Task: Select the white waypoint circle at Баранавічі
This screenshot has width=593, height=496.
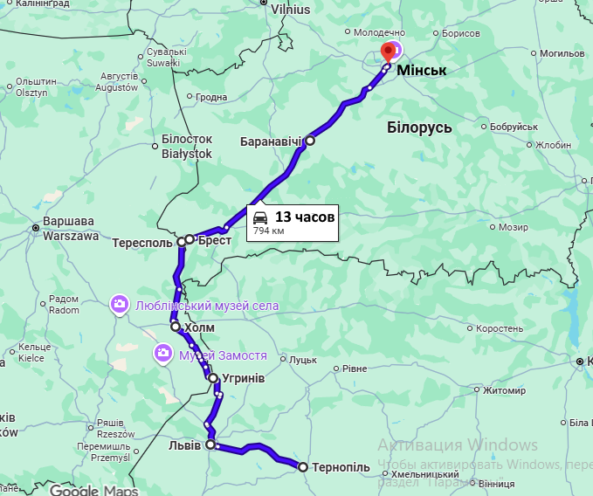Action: [309, 140]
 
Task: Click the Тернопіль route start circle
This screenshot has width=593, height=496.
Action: [303, 467]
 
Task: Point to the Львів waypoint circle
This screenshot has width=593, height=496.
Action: [210, 444]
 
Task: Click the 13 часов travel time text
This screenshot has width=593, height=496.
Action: [305, 216]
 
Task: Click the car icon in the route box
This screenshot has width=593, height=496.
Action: [260, 217]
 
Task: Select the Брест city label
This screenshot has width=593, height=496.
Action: [214, 239]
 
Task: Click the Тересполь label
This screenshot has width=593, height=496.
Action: [142, 242]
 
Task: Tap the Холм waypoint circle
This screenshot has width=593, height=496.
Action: [176, 327]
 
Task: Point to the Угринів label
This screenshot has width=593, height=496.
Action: [244, 378]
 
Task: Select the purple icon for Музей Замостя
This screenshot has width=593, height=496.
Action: [162, 354]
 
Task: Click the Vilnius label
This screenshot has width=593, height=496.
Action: [290, 10]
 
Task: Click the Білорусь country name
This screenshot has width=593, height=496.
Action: [419, 127]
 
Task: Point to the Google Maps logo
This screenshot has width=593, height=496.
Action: [93, 489]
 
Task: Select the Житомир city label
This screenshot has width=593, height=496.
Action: [504, 390]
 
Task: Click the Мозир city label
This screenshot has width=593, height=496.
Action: [513, 227]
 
